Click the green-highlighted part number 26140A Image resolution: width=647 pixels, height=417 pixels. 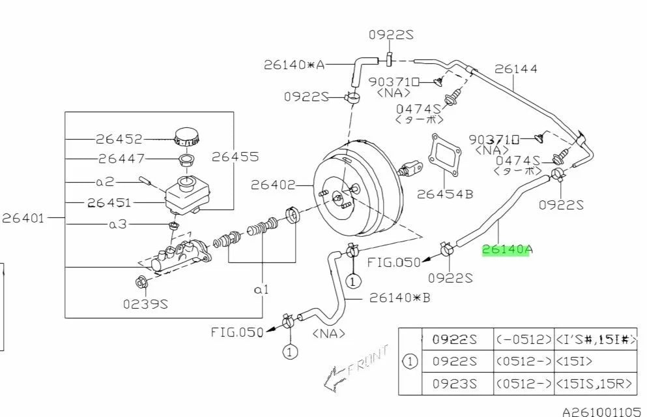(x=506, y=249)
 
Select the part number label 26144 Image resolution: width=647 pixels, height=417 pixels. (x=515, y=68)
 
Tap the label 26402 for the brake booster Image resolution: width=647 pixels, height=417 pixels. (x=273, y=185)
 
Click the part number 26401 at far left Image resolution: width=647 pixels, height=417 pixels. (x=23, y=217)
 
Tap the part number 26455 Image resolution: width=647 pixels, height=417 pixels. (x=235, y=157)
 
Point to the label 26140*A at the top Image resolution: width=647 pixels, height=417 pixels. (x=294, y=64)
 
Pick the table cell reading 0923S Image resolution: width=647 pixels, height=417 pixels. (x=455, y=383)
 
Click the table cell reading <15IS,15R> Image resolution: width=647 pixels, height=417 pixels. (x=594, y=383)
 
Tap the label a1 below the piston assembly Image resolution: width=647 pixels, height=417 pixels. (x=261, y=289)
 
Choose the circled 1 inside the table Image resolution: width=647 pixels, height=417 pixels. (x=410, y=361)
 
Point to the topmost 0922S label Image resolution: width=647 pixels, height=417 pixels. (x=391, y=35)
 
